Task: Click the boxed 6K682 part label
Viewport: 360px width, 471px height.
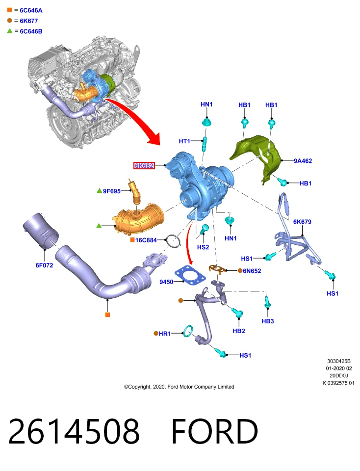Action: tap(144, 165)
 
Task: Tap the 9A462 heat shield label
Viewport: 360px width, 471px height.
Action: tap(303, 161)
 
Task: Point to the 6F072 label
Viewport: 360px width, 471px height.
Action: tap(44, 265)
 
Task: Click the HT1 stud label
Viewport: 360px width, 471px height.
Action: tap(184, 141)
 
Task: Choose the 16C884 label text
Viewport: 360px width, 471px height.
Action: tap(146, 240)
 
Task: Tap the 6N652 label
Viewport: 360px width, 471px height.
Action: tap(252, 271)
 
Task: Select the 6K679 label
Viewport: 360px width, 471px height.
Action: tap(302, 222)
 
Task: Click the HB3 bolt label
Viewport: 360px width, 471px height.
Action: tap(267, 321)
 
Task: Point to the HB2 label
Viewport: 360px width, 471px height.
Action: tap(239, 331)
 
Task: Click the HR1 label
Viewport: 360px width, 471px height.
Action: tap(164, 334)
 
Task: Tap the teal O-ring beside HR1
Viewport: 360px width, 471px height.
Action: tap(188, 331)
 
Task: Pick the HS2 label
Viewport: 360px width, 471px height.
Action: tap(203, 247)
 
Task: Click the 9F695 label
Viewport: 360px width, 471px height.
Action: tap(112, 191)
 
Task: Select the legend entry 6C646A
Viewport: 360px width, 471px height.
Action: tap(31, 10)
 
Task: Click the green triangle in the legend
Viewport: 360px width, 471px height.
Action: tap(10, 30)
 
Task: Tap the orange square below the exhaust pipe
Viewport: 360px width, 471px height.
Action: tap(107, 314)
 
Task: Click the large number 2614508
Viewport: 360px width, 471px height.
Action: tap(74, 431)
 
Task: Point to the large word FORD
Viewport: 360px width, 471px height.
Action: tap(215, 431)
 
